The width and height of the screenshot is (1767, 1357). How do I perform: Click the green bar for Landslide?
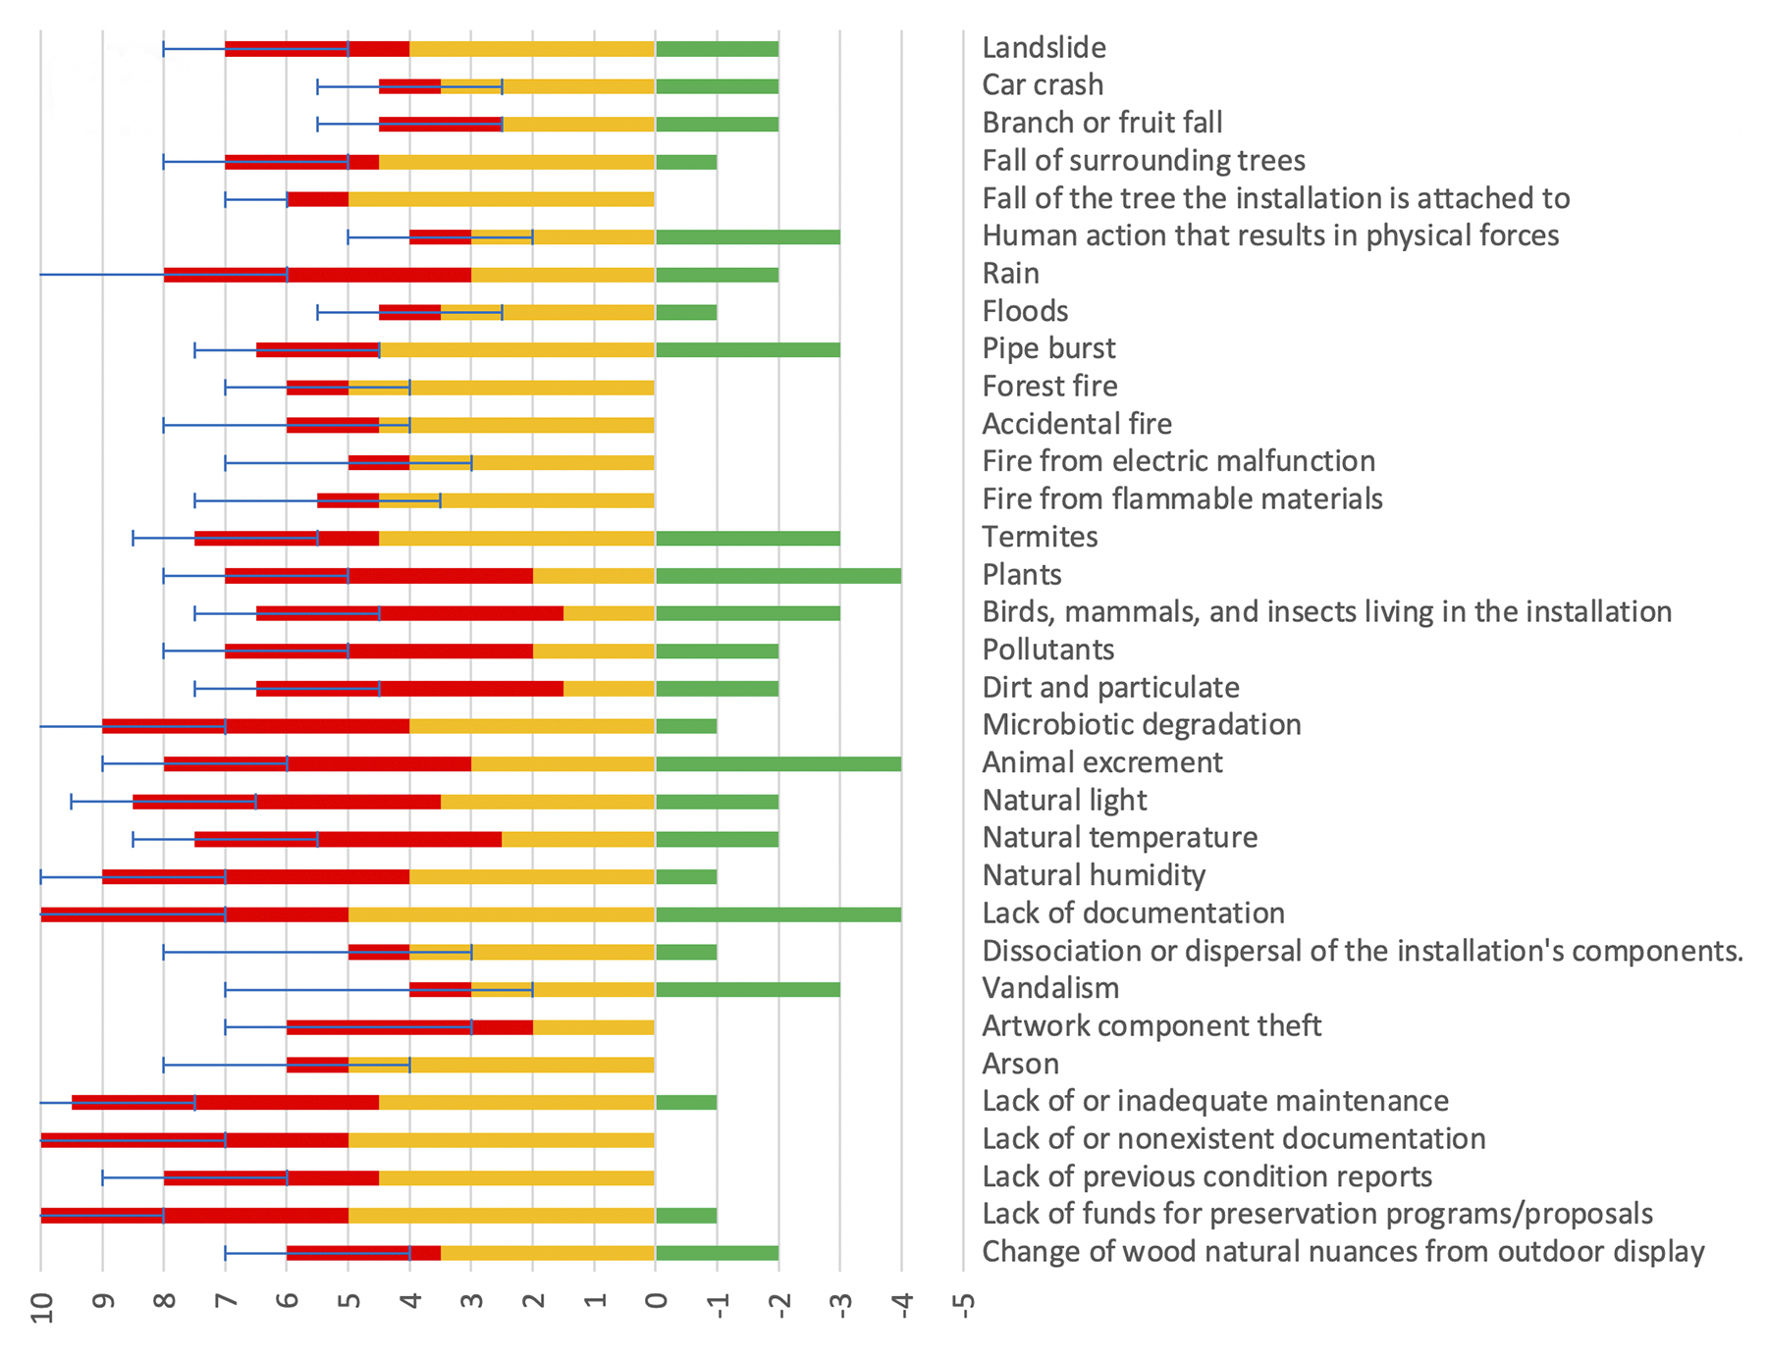(717, 49)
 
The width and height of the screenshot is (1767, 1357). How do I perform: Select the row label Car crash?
(1043, 85)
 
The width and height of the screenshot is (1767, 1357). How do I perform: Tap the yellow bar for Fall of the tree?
(501, 199)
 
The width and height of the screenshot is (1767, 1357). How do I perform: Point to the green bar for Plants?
(777, 576)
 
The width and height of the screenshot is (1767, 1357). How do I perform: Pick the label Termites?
(1040, 537)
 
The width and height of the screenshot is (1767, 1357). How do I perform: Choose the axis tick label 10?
(41, 1307)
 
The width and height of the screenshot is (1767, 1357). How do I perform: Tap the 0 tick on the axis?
(656, 1302)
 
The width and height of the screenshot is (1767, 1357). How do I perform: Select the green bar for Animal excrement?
(777, 764)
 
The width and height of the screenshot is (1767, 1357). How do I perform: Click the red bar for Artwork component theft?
(409, 1027)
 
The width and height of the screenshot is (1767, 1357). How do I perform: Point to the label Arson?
(1020, 1064)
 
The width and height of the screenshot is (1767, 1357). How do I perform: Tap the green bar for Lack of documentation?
(777, 914)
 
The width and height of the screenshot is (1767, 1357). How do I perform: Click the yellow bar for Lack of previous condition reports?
(516, 1177)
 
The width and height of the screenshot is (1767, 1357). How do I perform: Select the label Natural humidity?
(1094, 875)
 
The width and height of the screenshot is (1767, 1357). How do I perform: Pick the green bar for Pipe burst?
(747, 350)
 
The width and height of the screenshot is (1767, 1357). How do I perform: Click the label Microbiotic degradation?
(1142, 725)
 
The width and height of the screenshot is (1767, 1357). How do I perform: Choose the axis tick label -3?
(840, 1305)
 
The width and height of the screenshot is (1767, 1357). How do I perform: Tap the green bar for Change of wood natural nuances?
(717, 1253)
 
